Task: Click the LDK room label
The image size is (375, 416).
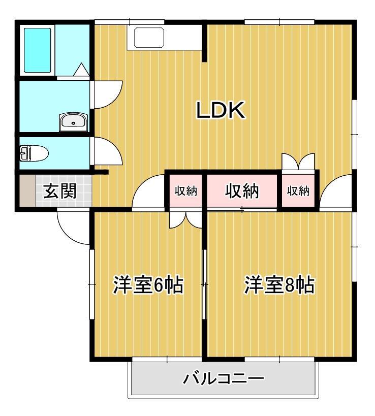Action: pyautogui.click(x=221, y=110)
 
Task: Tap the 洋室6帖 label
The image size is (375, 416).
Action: pyautogui.click(x=148, y=286)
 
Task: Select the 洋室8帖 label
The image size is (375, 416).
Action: pyautogui.click(x=279, y=286)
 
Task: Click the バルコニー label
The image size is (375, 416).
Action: pyautogui.click(x=224, y=379)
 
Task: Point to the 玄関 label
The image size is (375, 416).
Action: pyautogui.click(x=59, y=191)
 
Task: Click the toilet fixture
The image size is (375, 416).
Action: pyautogui.click(x=34, y=153)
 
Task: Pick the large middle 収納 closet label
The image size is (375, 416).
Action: pyautogui.click(x=242, y=191)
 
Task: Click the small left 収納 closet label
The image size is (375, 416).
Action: pyautogui.click(x=186, y=191)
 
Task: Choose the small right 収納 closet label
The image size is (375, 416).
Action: pyautogui.click(x=299, y=191)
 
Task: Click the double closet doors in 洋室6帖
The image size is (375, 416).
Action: pyautogui.click(x=186, y=219)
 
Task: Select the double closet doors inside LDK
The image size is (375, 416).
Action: pyautogui.click(x=298, y=161)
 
